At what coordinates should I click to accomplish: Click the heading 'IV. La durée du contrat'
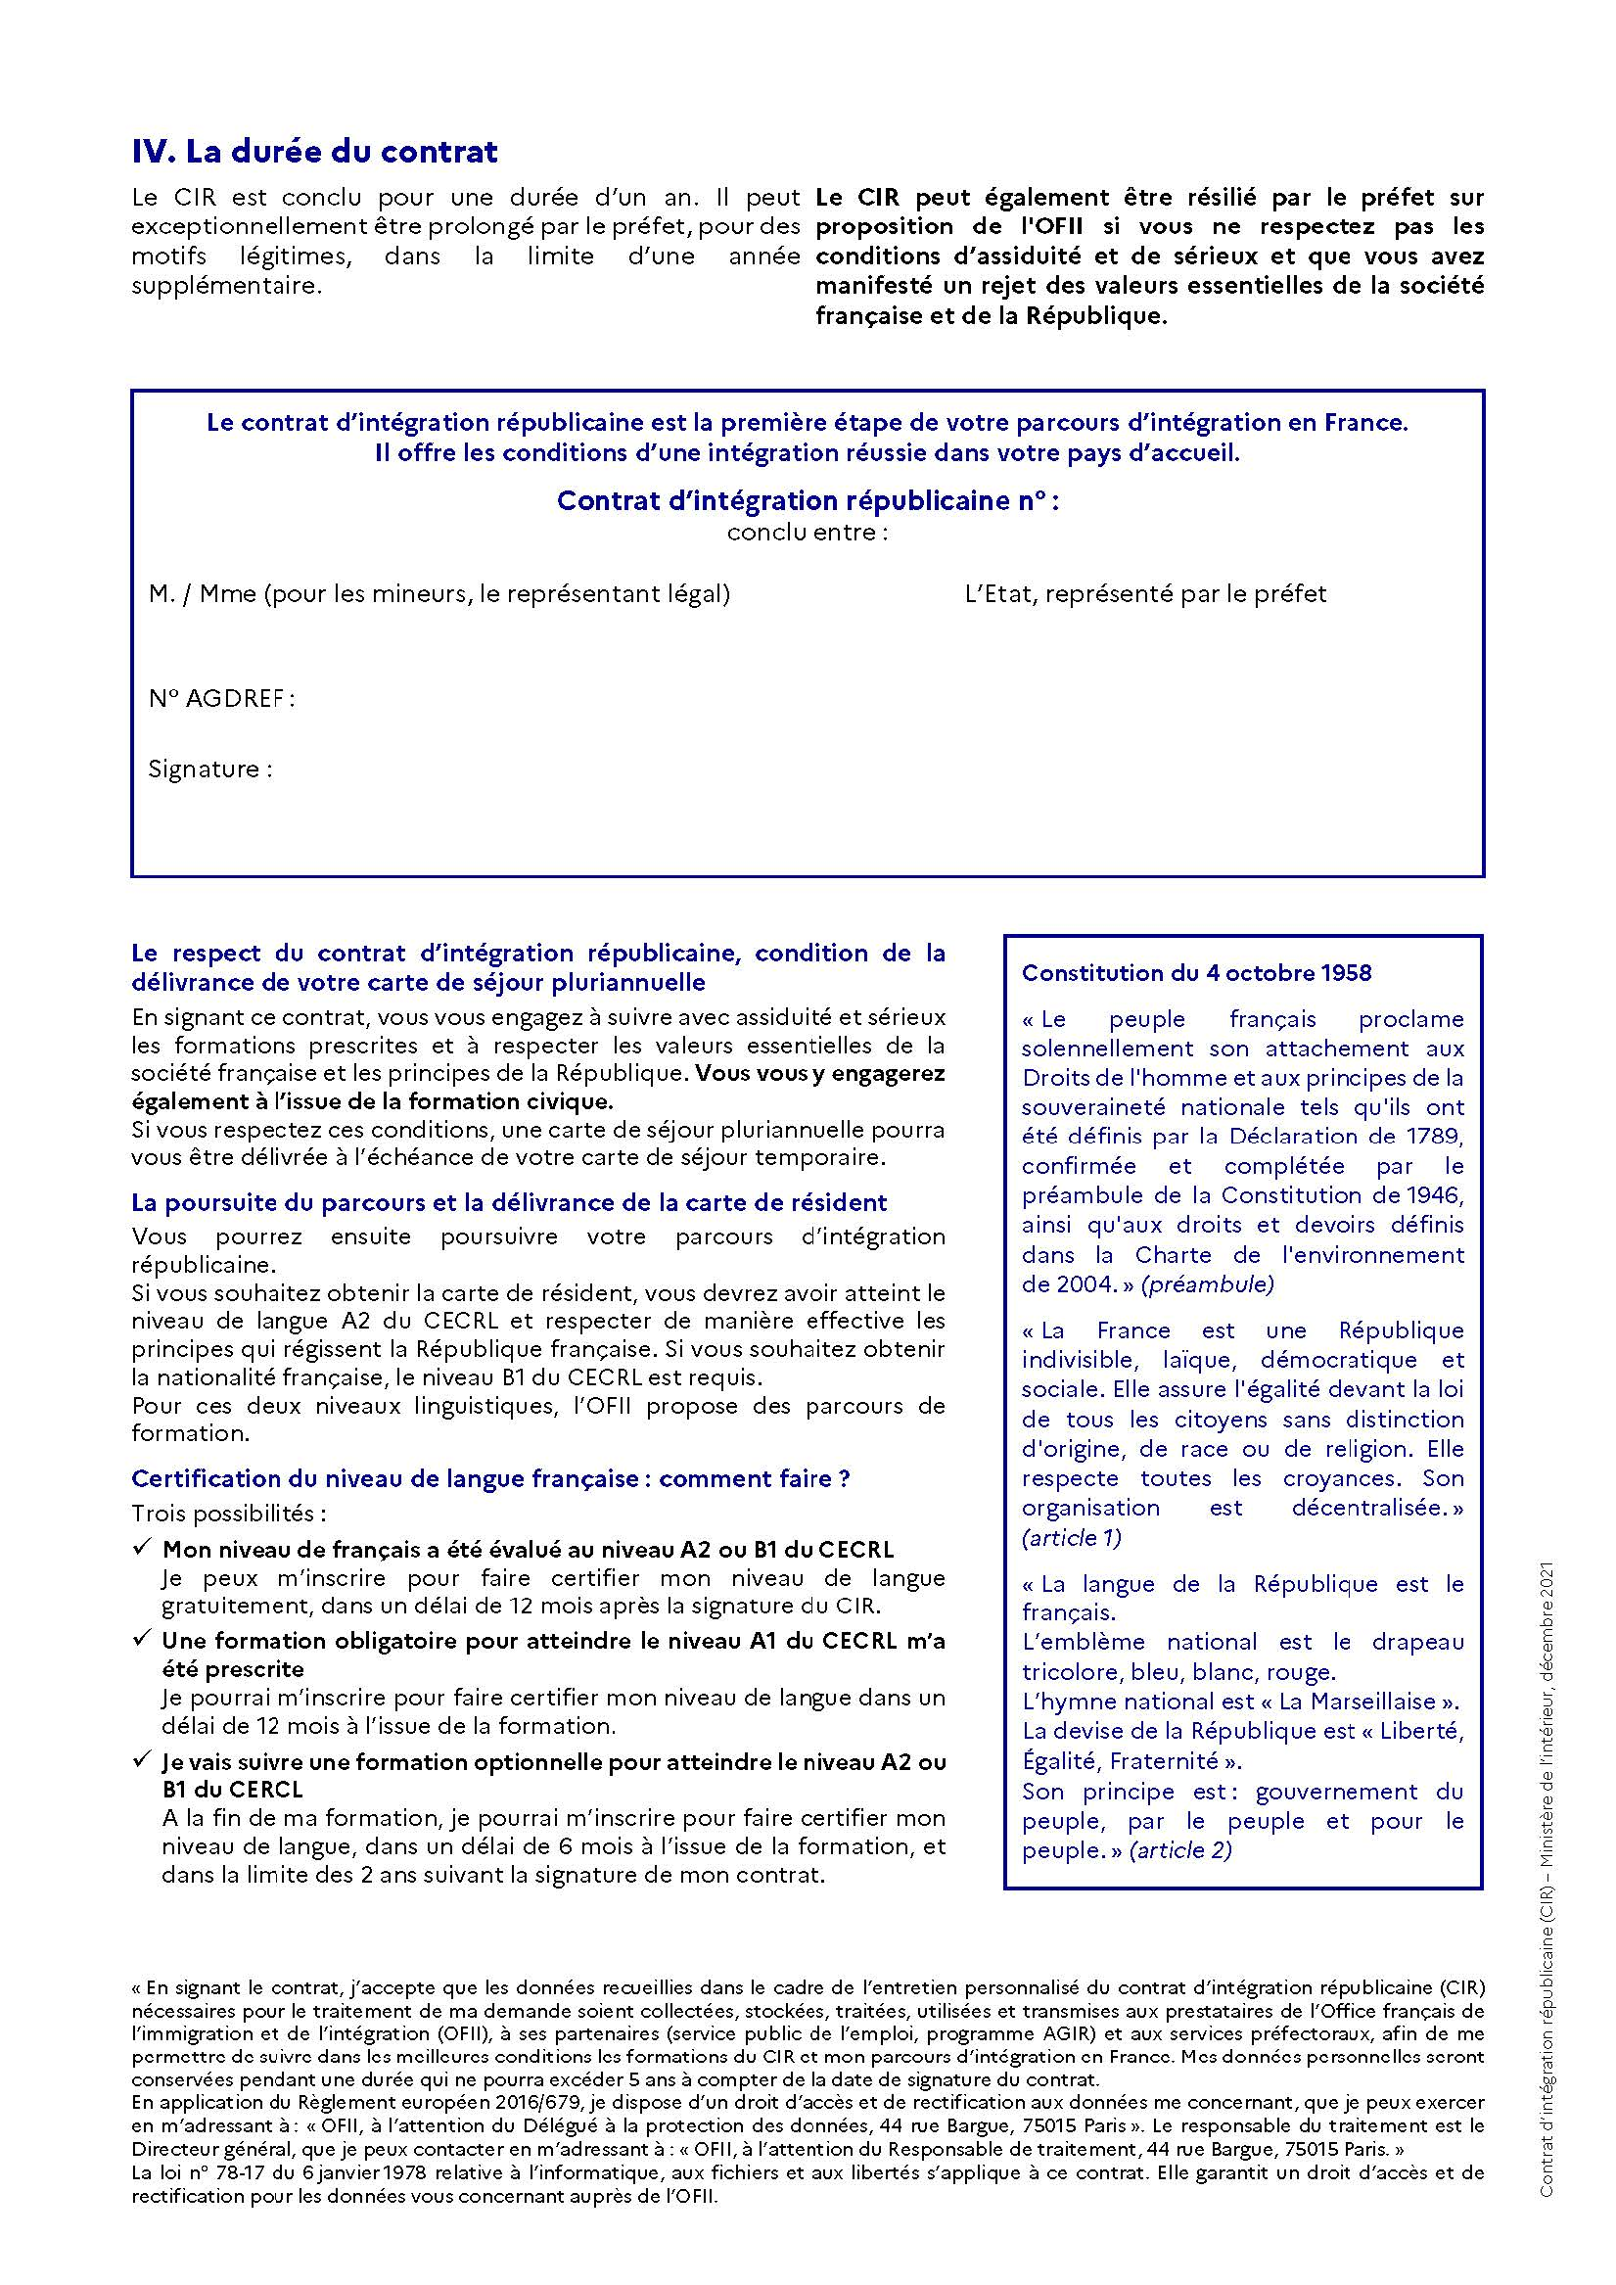click(314, 153)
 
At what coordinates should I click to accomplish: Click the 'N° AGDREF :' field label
click(221, 699)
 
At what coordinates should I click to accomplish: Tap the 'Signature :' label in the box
click(210, 769)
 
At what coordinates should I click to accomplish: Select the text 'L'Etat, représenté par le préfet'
click(1145, 594)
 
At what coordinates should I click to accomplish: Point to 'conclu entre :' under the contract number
click(807, 532)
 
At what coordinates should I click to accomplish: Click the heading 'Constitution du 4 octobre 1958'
click(1196, 973)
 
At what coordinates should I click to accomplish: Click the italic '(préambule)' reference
click(1207, 1284)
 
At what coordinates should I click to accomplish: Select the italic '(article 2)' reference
click(1181, 1850)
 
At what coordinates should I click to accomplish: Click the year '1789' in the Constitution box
click(1437, 1137)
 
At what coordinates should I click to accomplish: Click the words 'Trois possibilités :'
click(229, 1514)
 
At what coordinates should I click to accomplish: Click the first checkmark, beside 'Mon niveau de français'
click(141, 1548)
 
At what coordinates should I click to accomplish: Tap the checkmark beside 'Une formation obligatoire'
click(141, 1638)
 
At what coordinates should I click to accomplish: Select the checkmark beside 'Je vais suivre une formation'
click(141, 1760)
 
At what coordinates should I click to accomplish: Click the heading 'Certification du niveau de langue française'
click(490, 1479)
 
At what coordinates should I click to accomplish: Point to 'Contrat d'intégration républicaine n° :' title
click(807, 500)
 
